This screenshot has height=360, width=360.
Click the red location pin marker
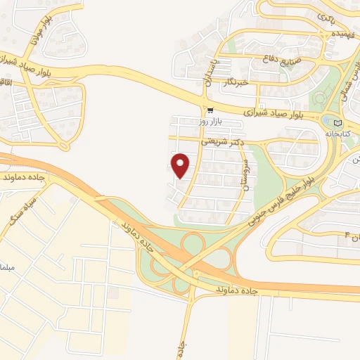(181, 165)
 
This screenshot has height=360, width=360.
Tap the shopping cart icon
(210, 110)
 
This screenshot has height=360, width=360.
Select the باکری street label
(325, 15)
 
